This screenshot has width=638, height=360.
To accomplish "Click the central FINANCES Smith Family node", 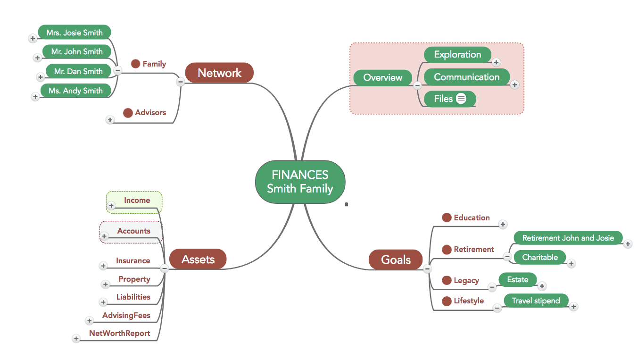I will click(x=300, y=182).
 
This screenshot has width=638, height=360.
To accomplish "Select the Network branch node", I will click(x=219, y=73).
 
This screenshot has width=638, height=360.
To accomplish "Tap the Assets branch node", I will click(x=198, y=260).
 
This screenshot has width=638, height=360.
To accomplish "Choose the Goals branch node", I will click(x=396, y=260).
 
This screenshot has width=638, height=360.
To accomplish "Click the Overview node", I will click(x=382, y=78).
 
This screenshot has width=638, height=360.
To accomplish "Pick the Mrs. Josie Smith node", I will click(x=75, y=33).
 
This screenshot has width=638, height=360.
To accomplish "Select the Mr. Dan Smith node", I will click(x=78, y=72).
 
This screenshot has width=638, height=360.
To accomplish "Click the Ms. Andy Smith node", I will click(x=75, y=91).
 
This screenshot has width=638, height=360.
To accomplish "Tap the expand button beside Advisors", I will click(x=110, y=120).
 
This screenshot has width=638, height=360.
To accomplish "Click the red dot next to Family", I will click(x=135, y=64).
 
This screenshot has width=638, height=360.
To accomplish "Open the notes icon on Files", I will click(x=461, y=99).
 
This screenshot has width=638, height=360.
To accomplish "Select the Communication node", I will click(x=466, y=77).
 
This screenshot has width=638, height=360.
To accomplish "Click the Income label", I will click(x=137, y=201).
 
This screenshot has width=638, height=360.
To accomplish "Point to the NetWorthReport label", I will click(x=120, y=334).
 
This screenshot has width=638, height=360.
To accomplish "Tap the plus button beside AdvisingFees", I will click(x=89, y=321).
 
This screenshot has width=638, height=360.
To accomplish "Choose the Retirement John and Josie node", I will click(x=568, y=238).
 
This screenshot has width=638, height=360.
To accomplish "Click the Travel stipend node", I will click(x=536, y=301).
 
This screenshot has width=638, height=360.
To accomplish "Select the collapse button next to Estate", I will click(x=492, y=287).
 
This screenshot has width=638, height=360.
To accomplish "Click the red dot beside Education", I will click(x=447, y=218).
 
